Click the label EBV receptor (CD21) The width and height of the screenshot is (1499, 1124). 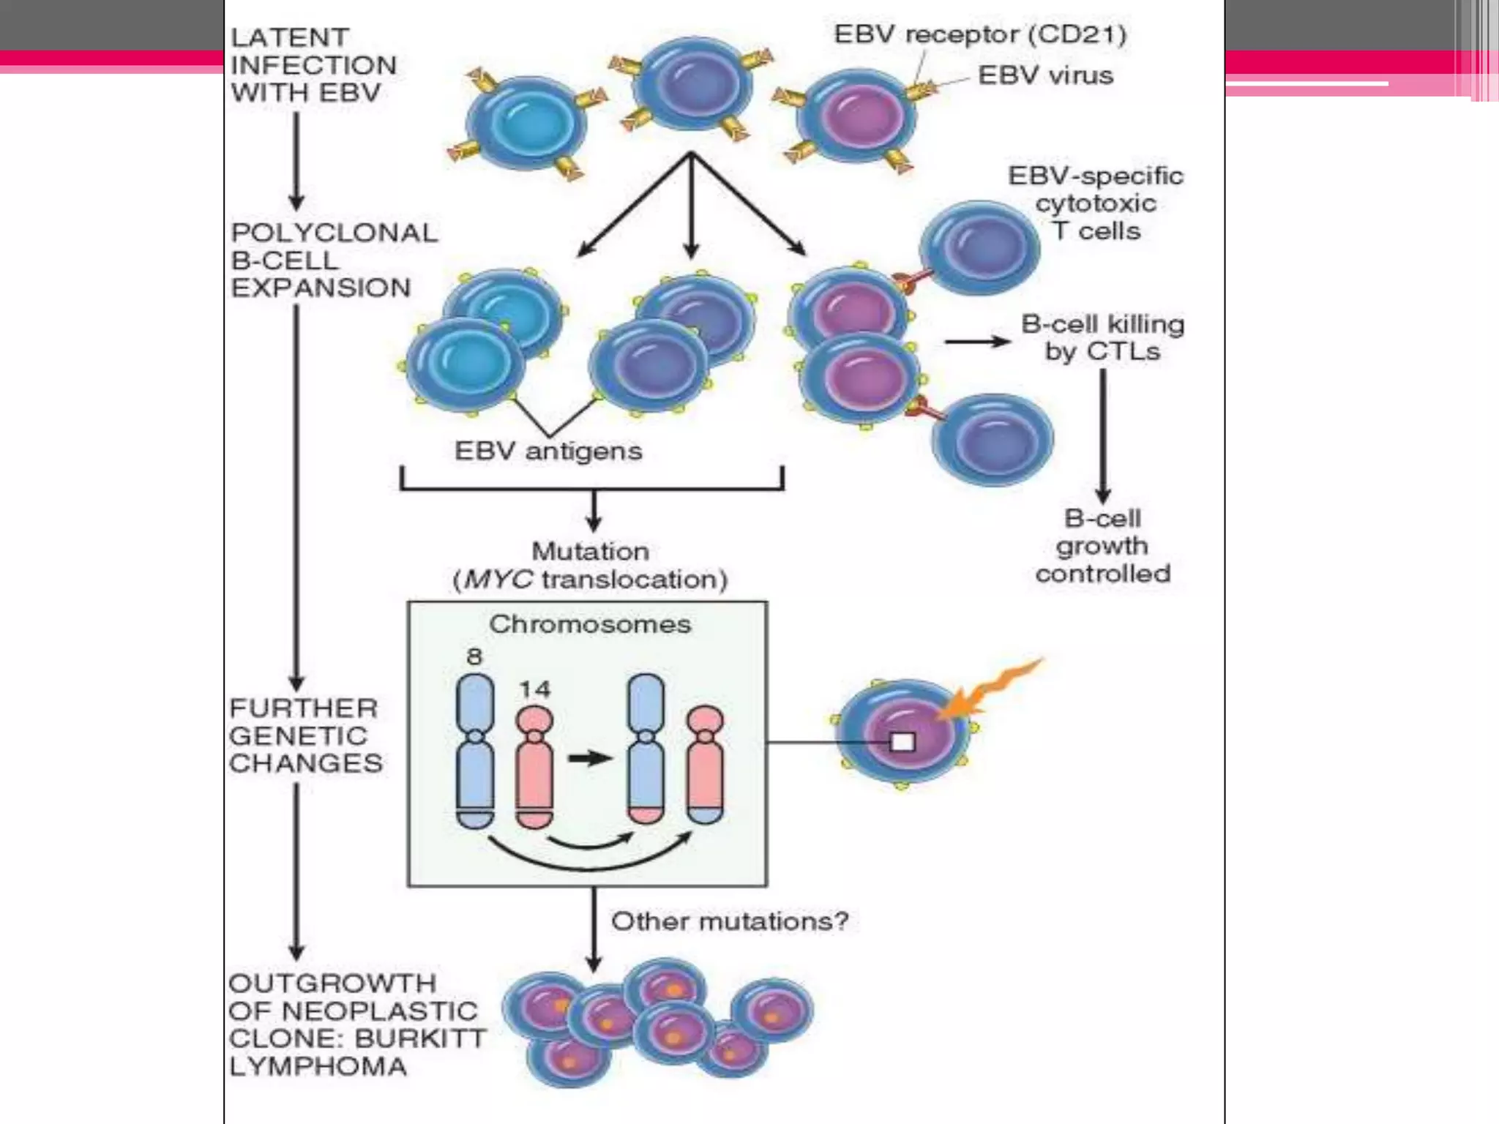point(980,34)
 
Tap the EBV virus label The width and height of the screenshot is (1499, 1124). point(1045,75)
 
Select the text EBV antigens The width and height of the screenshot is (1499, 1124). point(548,451)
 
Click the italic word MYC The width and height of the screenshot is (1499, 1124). point(498,580)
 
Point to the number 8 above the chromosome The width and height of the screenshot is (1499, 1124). point(474,656)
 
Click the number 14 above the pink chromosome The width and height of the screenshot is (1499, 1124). point(534,689)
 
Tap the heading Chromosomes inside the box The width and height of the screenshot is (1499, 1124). point(589,624)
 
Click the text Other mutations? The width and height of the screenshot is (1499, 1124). point(730,921)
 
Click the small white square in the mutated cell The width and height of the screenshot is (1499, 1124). point(902,742)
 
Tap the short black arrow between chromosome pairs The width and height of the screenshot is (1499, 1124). point(590,758)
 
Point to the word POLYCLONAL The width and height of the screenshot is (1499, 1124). point(334,233)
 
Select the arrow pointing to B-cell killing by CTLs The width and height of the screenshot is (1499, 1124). point(976,342)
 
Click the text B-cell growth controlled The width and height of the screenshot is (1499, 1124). point(1102,546)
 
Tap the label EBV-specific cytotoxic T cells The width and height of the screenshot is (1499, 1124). point(1096,203)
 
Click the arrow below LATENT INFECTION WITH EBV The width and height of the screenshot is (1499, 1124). point(296,161)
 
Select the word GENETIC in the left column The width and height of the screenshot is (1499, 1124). point(298,735)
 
